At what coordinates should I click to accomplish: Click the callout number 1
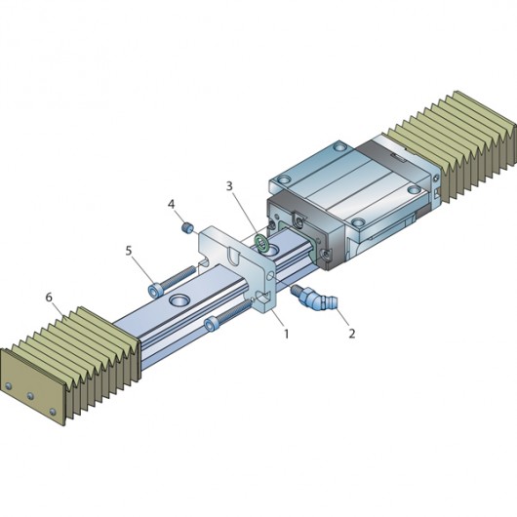(286, 334)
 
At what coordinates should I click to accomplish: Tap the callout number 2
(352, 334)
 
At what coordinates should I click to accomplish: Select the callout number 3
(229, 186)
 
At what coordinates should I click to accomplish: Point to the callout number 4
(171, 204)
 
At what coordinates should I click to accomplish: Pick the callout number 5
(129, 251)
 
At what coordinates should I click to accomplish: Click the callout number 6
(49, 298)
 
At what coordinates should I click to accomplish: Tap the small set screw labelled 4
(187, 227)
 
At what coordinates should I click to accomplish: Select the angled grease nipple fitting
(311, 298)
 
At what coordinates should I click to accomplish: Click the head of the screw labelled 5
(155, 292)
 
